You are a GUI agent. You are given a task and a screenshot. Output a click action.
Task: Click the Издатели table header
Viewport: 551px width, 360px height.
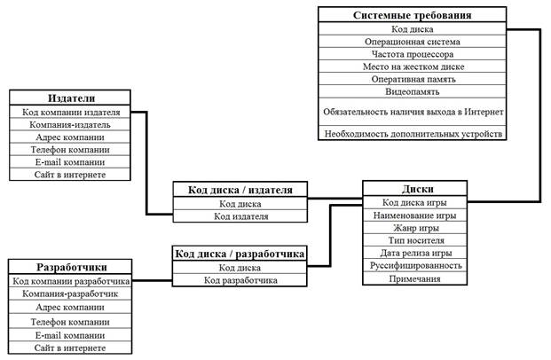point(70,99)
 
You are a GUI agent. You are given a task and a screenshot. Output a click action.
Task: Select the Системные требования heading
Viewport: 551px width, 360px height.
point(412,15)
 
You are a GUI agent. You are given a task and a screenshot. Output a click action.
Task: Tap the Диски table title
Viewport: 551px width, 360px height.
point(413,189)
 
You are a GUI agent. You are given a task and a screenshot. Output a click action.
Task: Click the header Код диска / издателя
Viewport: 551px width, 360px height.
point(240,190)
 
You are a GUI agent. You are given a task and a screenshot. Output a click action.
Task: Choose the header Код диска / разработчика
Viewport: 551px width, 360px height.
point(240,254)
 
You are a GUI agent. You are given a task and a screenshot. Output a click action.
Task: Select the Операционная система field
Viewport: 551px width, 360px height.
point(412,41)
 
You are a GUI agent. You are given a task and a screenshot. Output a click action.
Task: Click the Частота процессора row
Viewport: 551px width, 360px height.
point(412,53)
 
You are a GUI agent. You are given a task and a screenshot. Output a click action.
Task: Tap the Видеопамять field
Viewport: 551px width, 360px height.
point(412,91)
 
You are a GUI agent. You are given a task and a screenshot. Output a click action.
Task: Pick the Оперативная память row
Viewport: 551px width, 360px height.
point(412,79)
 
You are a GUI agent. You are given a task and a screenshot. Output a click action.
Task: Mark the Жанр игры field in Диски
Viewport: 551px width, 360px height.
point(413,227)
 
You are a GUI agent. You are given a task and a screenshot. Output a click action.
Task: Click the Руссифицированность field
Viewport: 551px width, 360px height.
point(413,264)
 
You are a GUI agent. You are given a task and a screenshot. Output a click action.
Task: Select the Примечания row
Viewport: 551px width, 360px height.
point(413,278)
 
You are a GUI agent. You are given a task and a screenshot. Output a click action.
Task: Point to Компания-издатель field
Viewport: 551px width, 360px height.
point(70,125)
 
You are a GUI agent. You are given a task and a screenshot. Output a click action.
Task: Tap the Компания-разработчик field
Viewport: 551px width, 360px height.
point(70,293)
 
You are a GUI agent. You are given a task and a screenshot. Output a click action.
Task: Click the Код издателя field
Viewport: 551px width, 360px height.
point(240,215)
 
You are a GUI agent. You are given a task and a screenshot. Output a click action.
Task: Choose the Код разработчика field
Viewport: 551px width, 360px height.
point(240,280)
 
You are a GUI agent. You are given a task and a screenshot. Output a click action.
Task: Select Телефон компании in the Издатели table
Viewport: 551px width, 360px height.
point(70,150)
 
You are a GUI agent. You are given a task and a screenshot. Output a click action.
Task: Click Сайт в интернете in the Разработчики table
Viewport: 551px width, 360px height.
point(70,348)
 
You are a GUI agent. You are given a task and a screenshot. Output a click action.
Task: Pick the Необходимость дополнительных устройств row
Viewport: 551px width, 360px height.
point(412,133)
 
